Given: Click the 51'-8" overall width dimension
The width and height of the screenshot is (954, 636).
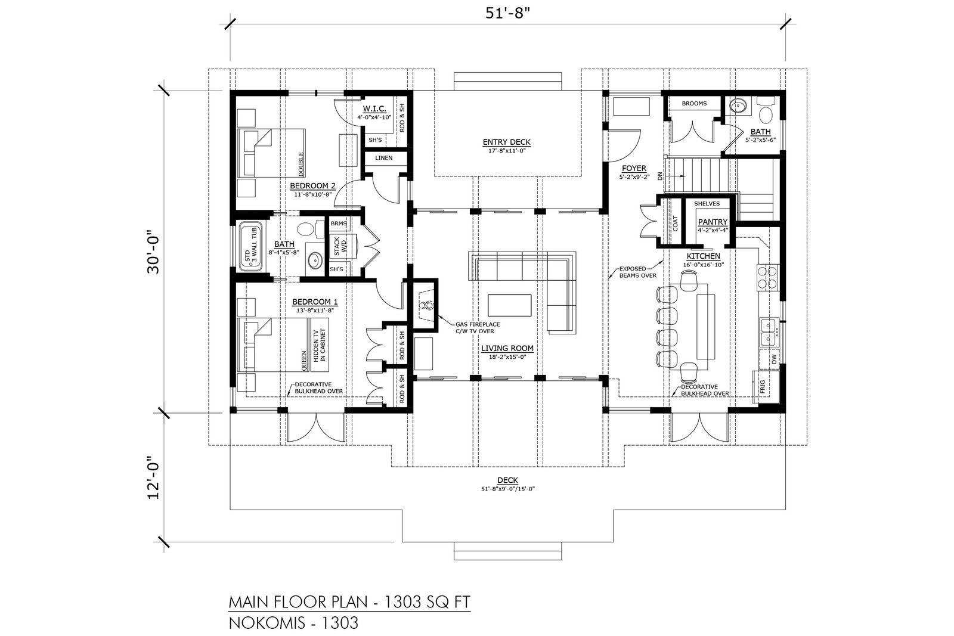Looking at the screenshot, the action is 507,13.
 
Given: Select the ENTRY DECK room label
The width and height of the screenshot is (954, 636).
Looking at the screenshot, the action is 507,142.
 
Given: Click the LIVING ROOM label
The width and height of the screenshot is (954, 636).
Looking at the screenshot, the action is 507,348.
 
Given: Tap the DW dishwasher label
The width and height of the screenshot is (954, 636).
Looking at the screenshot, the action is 774,360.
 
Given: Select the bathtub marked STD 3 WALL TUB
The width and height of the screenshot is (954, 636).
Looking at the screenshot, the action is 250,246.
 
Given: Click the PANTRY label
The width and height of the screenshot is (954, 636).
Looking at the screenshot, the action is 713,222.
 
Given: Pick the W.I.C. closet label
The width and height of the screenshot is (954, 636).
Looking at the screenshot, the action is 374,109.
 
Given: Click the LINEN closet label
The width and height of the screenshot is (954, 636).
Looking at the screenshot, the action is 384,158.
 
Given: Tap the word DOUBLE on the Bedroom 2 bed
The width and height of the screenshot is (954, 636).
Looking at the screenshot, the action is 301,164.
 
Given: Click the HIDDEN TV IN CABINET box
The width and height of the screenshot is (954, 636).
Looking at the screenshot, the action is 320,345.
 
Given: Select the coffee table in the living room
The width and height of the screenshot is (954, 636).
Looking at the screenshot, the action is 509,305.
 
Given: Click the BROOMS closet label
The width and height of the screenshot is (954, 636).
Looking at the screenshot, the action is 694,104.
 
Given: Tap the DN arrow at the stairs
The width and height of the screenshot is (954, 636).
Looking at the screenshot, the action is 677,176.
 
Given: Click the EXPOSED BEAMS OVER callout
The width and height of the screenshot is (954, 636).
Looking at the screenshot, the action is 637,272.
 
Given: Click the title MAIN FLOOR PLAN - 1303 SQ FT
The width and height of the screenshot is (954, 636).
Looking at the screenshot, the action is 349,603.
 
